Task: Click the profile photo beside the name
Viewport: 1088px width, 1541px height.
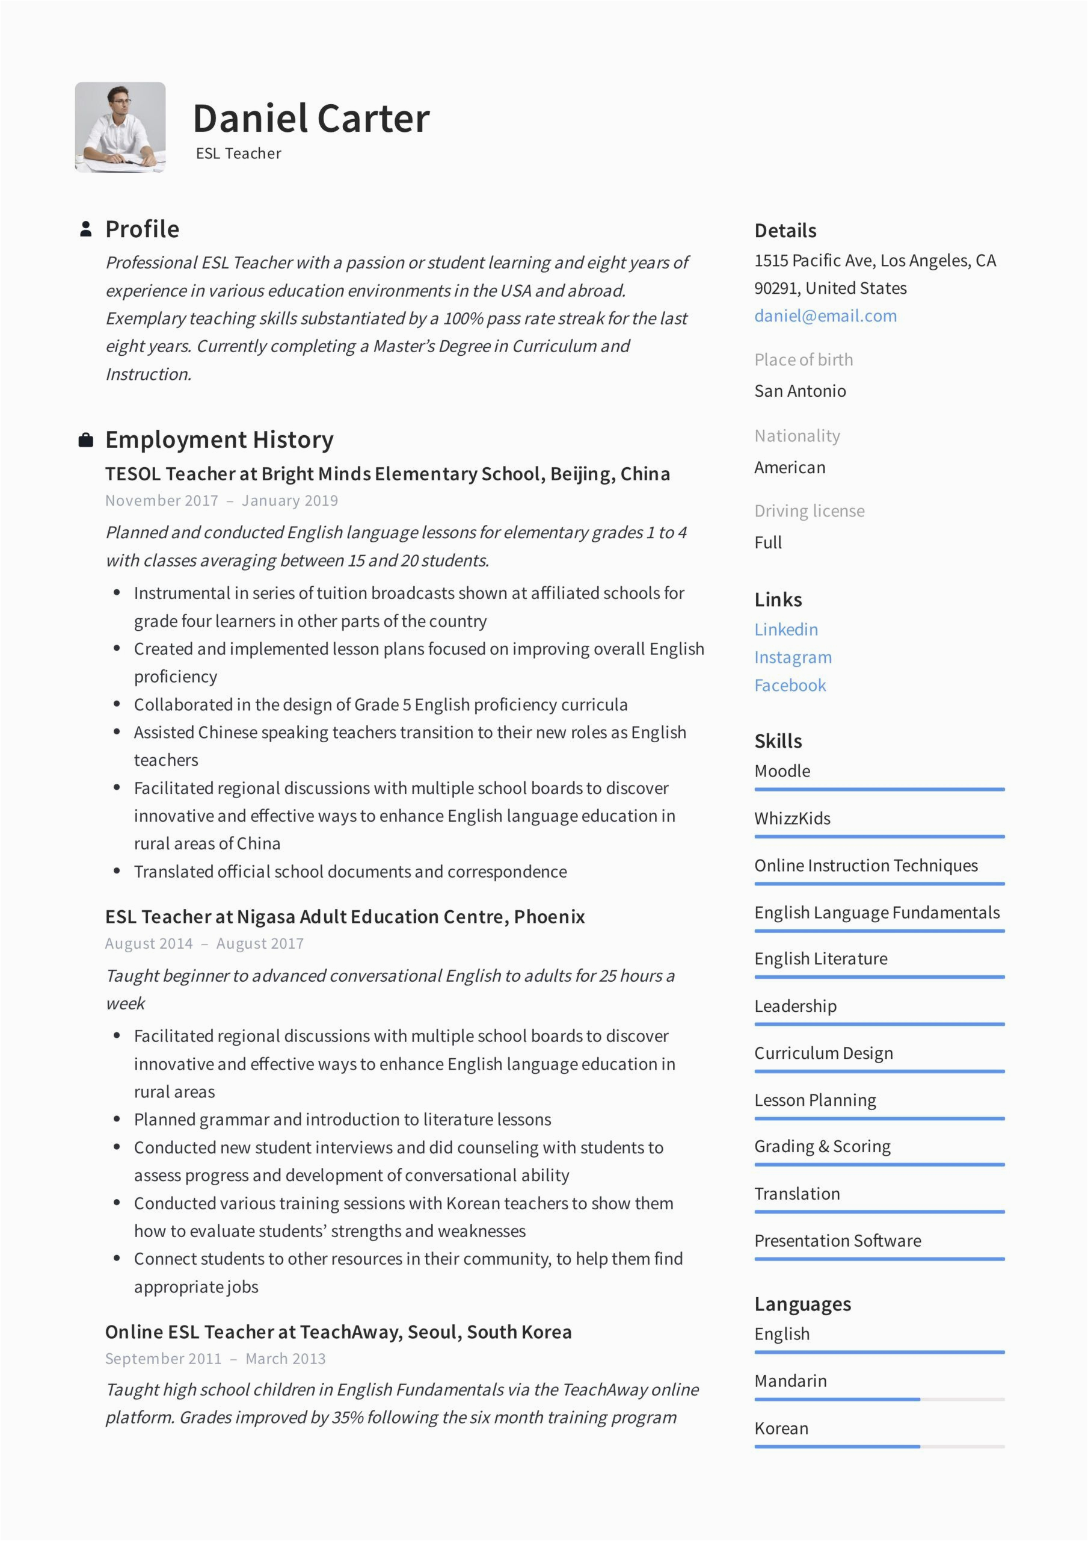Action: point(120,128)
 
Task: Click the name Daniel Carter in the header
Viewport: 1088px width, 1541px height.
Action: point(310,119)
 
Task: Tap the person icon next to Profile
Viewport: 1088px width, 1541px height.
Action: point(86,229)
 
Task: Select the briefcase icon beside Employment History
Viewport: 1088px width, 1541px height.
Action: point(86,440)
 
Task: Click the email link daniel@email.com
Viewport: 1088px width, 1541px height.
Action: point(825,315)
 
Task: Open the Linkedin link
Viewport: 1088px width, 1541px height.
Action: point(785,629)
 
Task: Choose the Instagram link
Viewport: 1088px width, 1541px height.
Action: point(792,657)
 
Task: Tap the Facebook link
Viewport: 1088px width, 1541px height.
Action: point(790,685)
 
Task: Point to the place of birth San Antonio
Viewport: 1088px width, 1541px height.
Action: point(799,391)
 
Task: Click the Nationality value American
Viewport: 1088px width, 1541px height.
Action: point(790,467)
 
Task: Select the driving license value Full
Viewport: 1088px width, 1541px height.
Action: point(767,542)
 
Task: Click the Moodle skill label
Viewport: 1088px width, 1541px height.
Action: point(781,770)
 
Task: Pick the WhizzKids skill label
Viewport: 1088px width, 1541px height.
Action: point(791,818)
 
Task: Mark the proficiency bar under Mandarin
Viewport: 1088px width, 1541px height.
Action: point(879,1400)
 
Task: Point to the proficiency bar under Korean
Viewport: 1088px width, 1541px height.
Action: point(879,1446)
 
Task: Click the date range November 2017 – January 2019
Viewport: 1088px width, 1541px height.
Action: point(221,501)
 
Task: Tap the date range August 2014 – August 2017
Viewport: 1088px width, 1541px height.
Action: point(204,944)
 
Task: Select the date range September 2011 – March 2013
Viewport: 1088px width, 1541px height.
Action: point(215,1359)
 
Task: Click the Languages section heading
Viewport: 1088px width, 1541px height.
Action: point(802,1303)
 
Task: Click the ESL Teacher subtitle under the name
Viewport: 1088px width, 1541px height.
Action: point(238,153)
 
